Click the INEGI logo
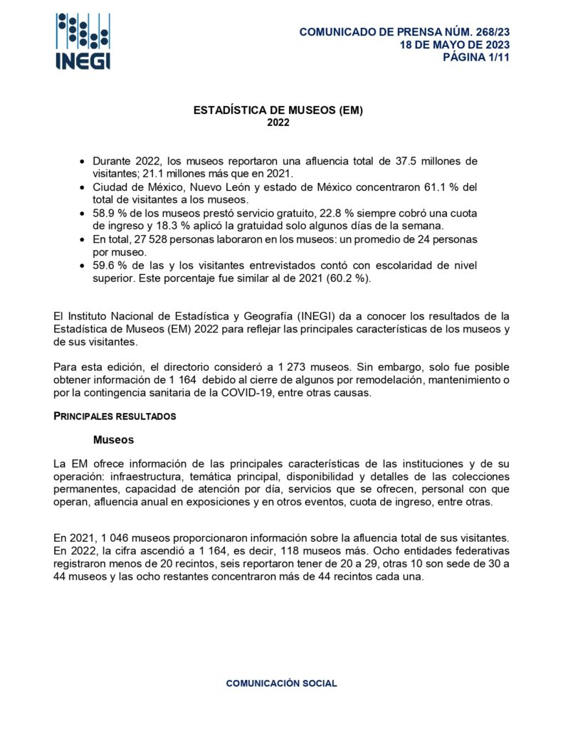83,41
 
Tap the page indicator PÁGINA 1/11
476,58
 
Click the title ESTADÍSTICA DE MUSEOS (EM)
278,110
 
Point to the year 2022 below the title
278,122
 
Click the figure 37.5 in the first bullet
406,162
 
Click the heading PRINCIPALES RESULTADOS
114,415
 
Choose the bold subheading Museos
113,440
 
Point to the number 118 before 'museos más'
328,552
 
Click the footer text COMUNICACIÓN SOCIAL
281,683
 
